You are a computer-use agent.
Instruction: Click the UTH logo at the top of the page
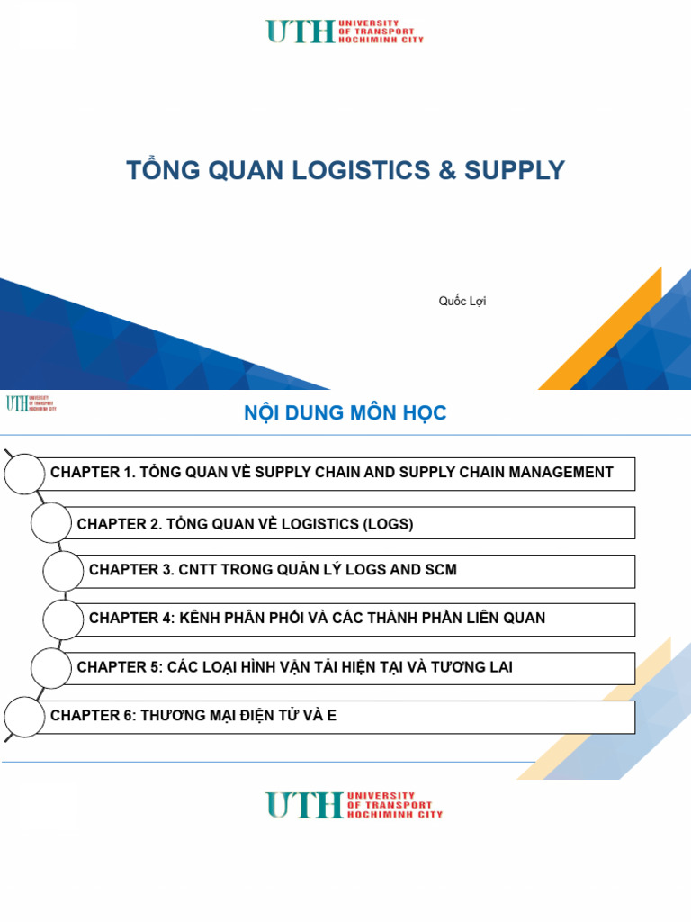[x=344, y=32]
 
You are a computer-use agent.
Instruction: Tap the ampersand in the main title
[x=446, y=170]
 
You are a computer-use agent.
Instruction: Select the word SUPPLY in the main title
[x=515, y=170]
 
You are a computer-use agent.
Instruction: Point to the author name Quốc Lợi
[x=462, y=301]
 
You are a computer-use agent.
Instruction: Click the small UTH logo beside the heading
[x=31, y=402]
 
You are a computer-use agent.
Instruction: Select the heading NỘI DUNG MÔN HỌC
[x=345, y=413]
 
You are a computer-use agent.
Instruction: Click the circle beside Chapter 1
[x=24, y=474]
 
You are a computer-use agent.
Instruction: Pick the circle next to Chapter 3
[x=63, y=571]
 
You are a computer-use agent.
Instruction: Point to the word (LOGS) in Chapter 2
[x=389, y=524]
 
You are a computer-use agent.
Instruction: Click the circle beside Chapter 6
[x=24, y=717]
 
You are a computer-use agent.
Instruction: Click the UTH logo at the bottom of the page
[x=354, y=804]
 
